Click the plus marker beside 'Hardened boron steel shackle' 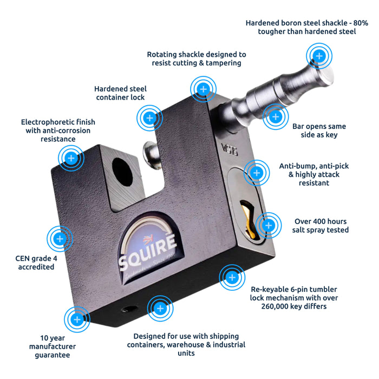point(319,55)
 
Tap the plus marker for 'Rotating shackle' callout point(203,89)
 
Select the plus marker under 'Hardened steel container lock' point(149,117)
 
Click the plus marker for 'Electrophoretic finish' point(71,158)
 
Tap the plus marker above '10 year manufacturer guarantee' point(77,319)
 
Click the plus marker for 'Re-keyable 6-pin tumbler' point(232,278)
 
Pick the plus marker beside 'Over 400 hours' point(268,225)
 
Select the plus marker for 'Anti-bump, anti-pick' point(256,173)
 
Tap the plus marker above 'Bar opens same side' point(276,116)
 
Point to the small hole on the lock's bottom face point(129,309)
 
